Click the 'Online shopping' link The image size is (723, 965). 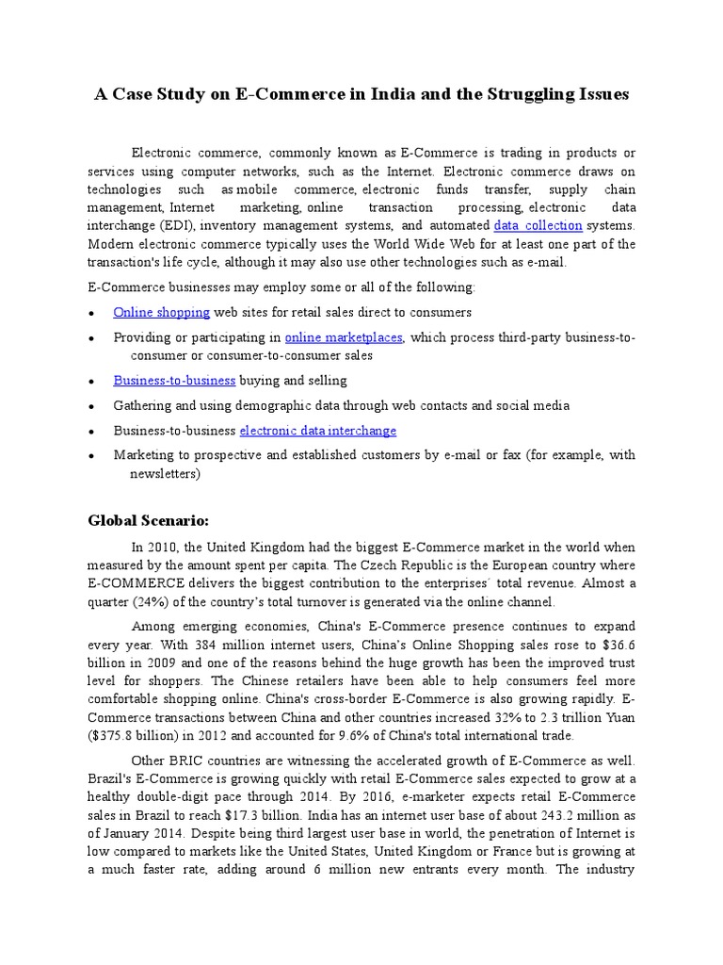point(161,312)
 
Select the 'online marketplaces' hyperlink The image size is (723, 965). point(344,337)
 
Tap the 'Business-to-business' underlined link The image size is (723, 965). point(174,381)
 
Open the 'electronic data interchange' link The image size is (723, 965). point(318,431)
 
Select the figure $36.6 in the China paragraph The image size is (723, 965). point(616,645)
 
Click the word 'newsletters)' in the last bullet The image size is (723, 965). point(165,474)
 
